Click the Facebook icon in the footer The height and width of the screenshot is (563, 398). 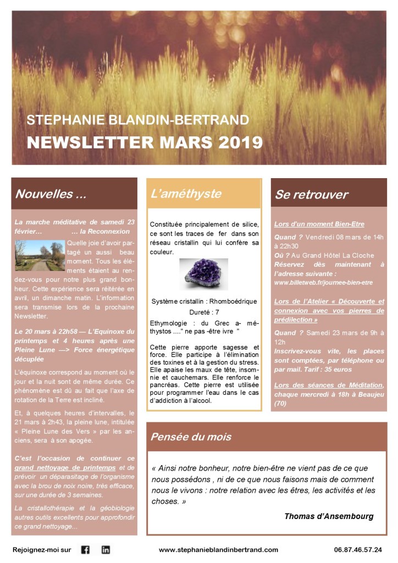point(85,549)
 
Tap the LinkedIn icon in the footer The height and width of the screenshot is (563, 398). point(106,549)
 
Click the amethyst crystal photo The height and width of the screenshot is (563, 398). point(203,274)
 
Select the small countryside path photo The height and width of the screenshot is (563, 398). point(40,255)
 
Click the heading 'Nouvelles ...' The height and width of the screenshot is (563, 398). point(50,194)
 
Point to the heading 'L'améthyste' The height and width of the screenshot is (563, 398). point(186,194)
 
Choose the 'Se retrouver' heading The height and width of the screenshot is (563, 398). point(311,195)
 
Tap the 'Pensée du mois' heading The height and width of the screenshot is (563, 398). point(191,437)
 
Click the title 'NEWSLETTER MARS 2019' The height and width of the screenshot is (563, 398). point(145,142)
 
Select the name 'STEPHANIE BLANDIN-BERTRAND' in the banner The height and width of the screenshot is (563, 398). point(137,119)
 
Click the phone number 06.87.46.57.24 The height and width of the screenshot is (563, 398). point(358,549)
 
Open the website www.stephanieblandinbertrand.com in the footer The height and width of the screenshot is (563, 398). point(218,549)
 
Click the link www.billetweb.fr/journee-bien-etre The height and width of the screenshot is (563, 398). point(323,283)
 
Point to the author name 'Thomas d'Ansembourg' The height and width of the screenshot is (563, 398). point(329,516)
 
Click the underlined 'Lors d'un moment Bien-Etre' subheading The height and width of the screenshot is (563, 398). point(312,224)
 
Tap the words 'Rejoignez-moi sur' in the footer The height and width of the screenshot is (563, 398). point(42,549)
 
